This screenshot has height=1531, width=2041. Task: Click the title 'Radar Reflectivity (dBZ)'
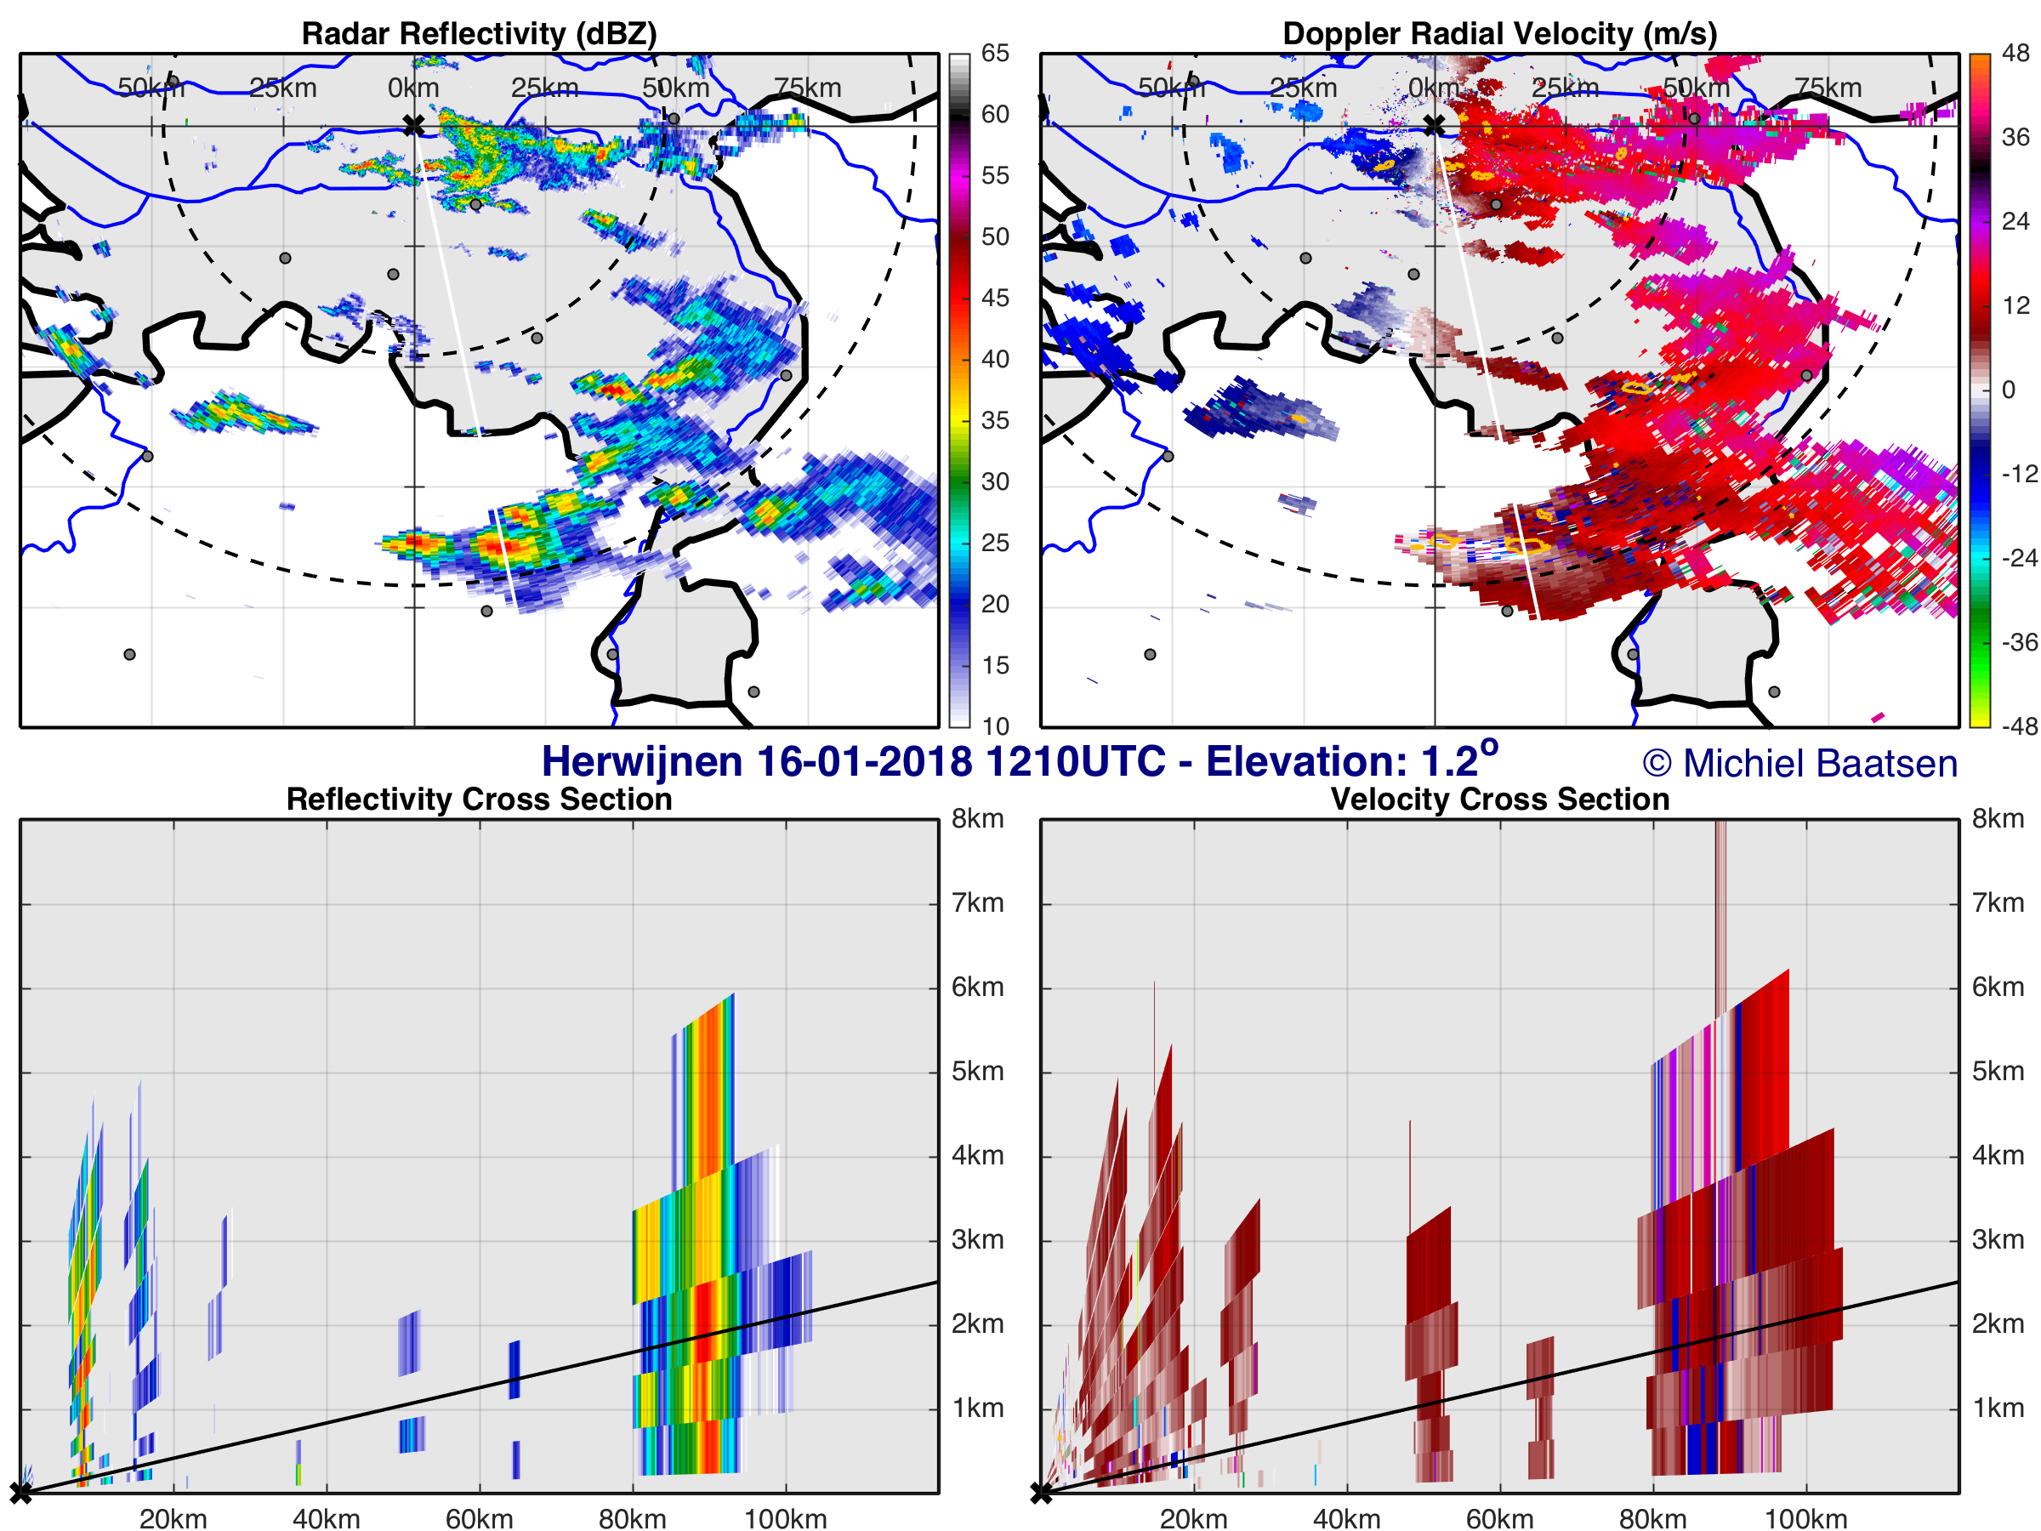(x=479, y=33)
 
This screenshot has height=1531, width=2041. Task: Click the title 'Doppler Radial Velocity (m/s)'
(x=1499, y=33)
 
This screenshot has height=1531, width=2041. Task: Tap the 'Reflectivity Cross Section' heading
(x=479, y=799)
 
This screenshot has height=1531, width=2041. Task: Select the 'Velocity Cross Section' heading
(x=1499, y=799)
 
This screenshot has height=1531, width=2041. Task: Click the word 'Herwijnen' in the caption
(x=641, y=762)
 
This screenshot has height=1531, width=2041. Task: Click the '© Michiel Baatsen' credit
(x=1799, y=763)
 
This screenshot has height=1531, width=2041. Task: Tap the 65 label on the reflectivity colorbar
(x=995, y=54)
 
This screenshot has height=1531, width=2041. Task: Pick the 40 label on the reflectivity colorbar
(x=995, y=359)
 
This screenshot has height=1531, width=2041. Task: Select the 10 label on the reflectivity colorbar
(x=995, y=726)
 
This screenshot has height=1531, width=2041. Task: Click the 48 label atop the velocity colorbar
(x=2015, y=54)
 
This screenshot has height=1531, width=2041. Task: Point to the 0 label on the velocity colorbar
(x=2008, y=390)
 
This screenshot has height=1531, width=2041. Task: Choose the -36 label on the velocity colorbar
(x=2019, y=642)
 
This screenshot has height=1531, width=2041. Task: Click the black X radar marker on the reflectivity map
(x=413, y=126)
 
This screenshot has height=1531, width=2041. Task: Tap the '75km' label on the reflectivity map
(x=807, y=88)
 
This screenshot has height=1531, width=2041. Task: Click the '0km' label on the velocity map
(x=1434, y=88)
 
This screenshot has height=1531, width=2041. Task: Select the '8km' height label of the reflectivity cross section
(x=977, y=818)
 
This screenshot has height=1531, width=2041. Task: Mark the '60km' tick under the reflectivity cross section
(x=479, y=1518)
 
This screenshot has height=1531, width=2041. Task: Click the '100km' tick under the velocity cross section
(x=1805, y=1518)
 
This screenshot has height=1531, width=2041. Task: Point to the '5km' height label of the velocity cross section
(x=1998, y=1072)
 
